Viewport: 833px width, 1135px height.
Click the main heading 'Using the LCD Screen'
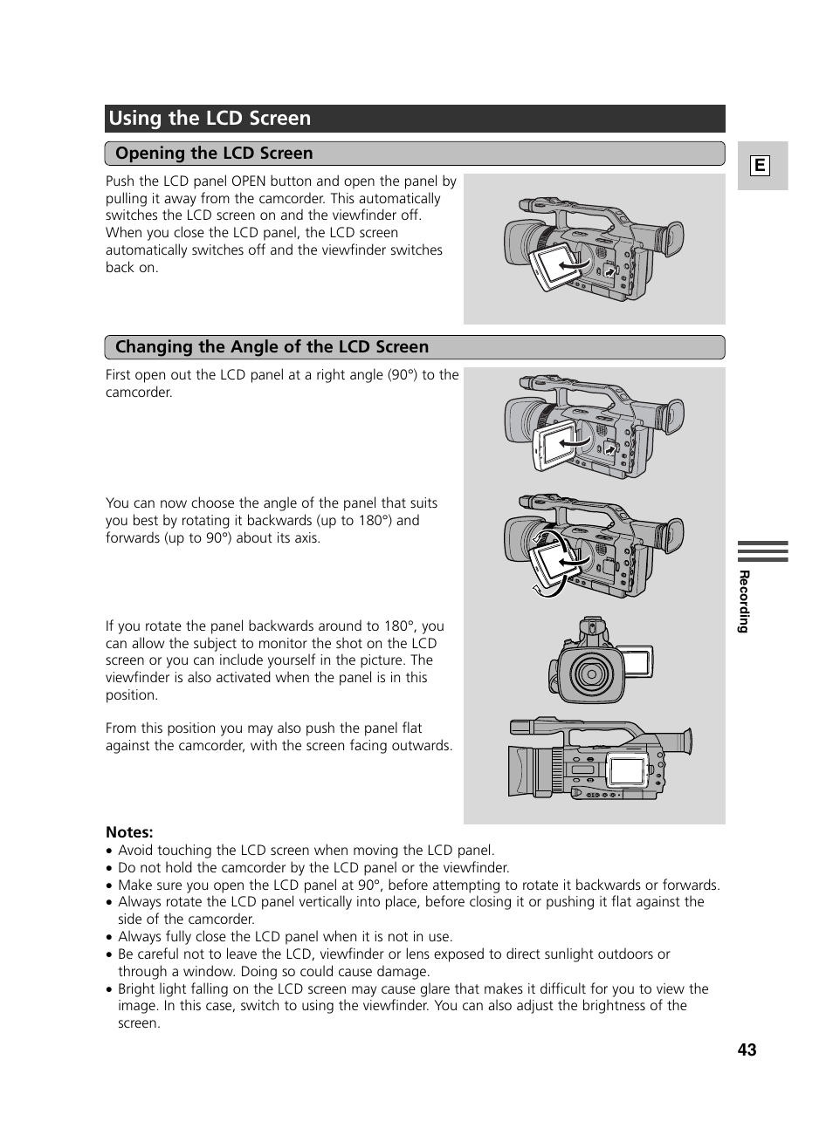click(x=210, y=119)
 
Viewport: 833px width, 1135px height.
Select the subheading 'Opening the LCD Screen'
click(x=214, y=154)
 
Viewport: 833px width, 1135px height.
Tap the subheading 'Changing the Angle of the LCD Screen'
click(x=272, y=347)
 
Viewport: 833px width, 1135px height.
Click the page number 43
click(x=747, y=1050)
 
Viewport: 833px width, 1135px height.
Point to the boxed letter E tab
click(x=760, y=166)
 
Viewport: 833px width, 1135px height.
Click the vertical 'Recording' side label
click(x=744, y=601)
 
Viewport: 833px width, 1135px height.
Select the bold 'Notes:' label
click(x=129, y=832)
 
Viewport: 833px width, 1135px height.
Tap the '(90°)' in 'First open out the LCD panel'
click(x=403, y=375)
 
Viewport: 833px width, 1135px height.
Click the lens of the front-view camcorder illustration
click(x=590, y=673)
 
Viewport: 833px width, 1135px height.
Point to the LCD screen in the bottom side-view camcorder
click(x=627, y=771)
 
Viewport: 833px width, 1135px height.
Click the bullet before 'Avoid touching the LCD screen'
click(x=110, y=851)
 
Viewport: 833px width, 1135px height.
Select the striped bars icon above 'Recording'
click(x=762, y=551)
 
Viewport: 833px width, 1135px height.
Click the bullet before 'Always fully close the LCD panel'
click(x=110, y=937)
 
